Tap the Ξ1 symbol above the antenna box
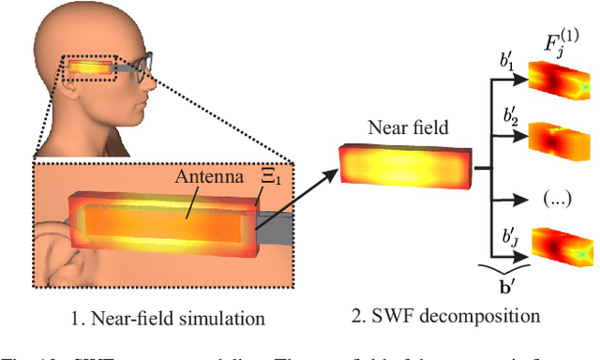pos(269,173)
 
